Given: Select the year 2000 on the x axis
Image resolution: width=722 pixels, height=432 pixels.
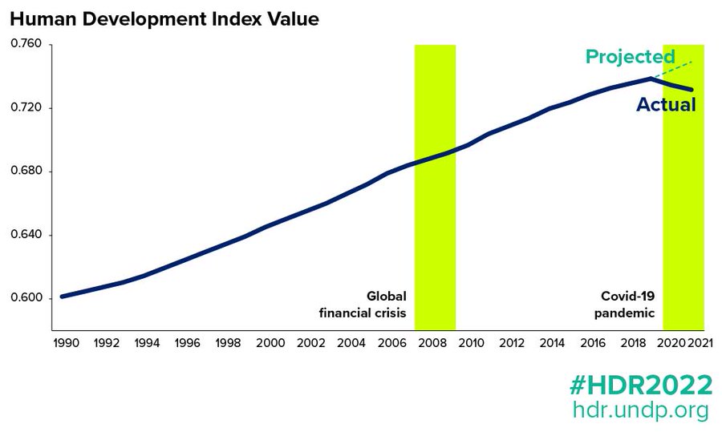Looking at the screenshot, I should click(270, 343).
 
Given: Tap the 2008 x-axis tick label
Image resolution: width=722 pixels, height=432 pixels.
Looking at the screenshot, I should click(434, 343).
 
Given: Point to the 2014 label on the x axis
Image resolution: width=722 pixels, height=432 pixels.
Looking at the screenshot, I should click(553, 343).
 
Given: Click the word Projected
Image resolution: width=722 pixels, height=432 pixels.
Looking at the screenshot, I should click(630, 57).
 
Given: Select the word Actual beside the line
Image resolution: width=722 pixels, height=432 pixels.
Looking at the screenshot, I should click(666, 104).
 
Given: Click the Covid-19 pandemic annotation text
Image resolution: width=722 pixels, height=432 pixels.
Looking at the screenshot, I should click(625, 304).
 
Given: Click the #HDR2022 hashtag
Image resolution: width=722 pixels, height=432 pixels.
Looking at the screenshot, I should click(640, 386).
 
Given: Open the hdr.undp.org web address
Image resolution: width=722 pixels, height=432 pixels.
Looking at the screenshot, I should click(640, 410).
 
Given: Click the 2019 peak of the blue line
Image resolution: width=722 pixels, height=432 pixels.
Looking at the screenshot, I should click(651, 79).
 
